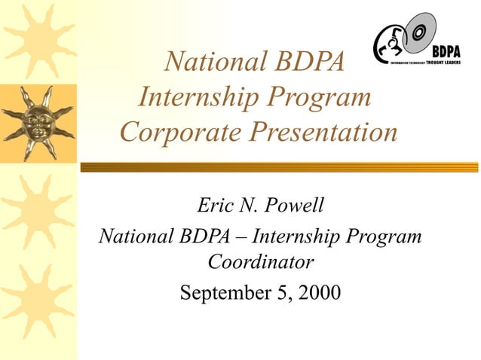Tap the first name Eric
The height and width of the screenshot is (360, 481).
point(213,205)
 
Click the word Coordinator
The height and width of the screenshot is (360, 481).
point(260,262)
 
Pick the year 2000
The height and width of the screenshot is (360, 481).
point(320,290)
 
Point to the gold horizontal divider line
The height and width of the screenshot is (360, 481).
point(279,167)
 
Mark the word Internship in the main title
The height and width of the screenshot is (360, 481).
point(197,96)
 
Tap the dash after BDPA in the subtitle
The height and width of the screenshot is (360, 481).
point(240,236)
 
